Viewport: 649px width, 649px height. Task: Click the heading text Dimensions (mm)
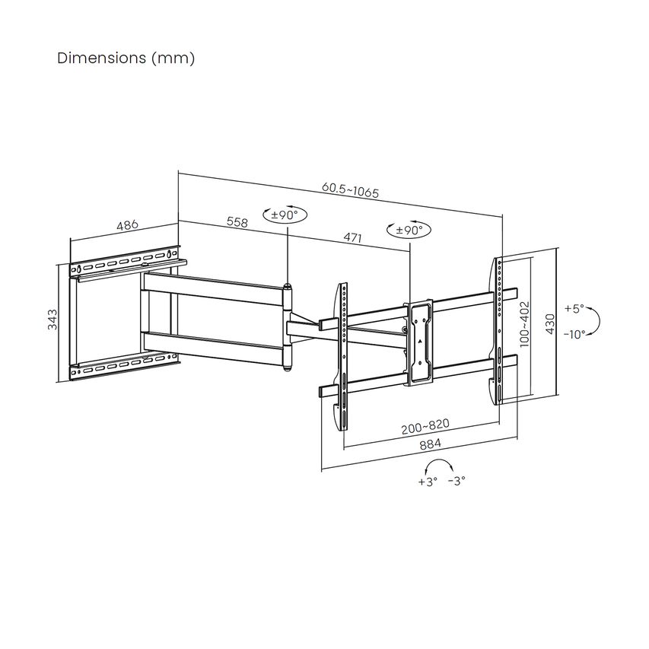[x=126, y=59]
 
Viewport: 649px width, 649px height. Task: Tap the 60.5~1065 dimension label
[x=350, y=190]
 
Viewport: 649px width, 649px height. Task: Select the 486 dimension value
[x=128, y=225]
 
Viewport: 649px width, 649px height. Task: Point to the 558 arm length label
[x=237, y=222]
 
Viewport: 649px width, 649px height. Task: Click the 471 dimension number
[x=352, y=237]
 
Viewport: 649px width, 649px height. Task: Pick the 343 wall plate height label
[x=52, y=319]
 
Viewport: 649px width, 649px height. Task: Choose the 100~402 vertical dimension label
[x=524, y=324]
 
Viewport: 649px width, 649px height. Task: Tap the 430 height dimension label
[x=549, y=324]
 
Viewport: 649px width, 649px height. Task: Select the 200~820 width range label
[x=425, y=426]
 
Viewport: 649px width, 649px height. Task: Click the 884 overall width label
[x=431, y=444]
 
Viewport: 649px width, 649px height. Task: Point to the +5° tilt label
[x=574, y=309]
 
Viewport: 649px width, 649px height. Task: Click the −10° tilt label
[x=574, y=334]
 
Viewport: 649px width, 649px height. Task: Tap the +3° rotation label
[x=428, y=482]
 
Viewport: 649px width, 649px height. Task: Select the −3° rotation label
[x=457, y=481]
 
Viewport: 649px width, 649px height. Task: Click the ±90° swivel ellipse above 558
[x=285, y=215]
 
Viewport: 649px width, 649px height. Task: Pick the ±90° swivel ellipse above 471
[x=409, y=229]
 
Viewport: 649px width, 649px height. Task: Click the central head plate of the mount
[x=419, y=342]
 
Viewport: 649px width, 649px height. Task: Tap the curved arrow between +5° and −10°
[x=595, y=321]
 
